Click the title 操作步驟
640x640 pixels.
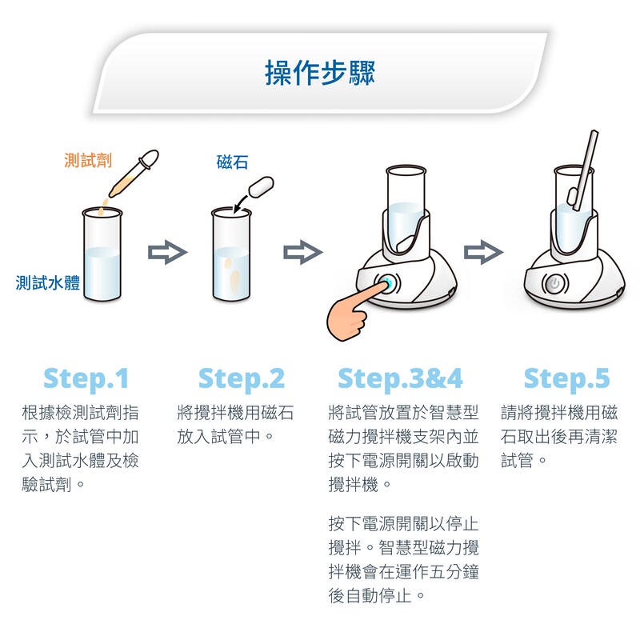point(320,73)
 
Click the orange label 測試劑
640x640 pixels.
point(87,161)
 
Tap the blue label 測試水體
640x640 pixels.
point(48,282)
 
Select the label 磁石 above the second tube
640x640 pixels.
point(232,162)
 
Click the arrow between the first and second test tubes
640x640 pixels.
point(167,254)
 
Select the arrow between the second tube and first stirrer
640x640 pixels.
point(302,254)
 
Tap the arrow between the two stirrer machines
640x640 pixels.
point(483,254)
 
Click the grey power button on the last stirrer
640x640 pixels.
point(553,284)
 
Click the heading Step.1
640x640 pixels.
point(86,378)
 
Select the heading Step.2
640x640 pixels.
point(241,378)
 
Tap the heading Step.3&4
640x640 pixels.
point(400,378)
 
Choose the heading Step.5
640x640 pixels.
point(566,378)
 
